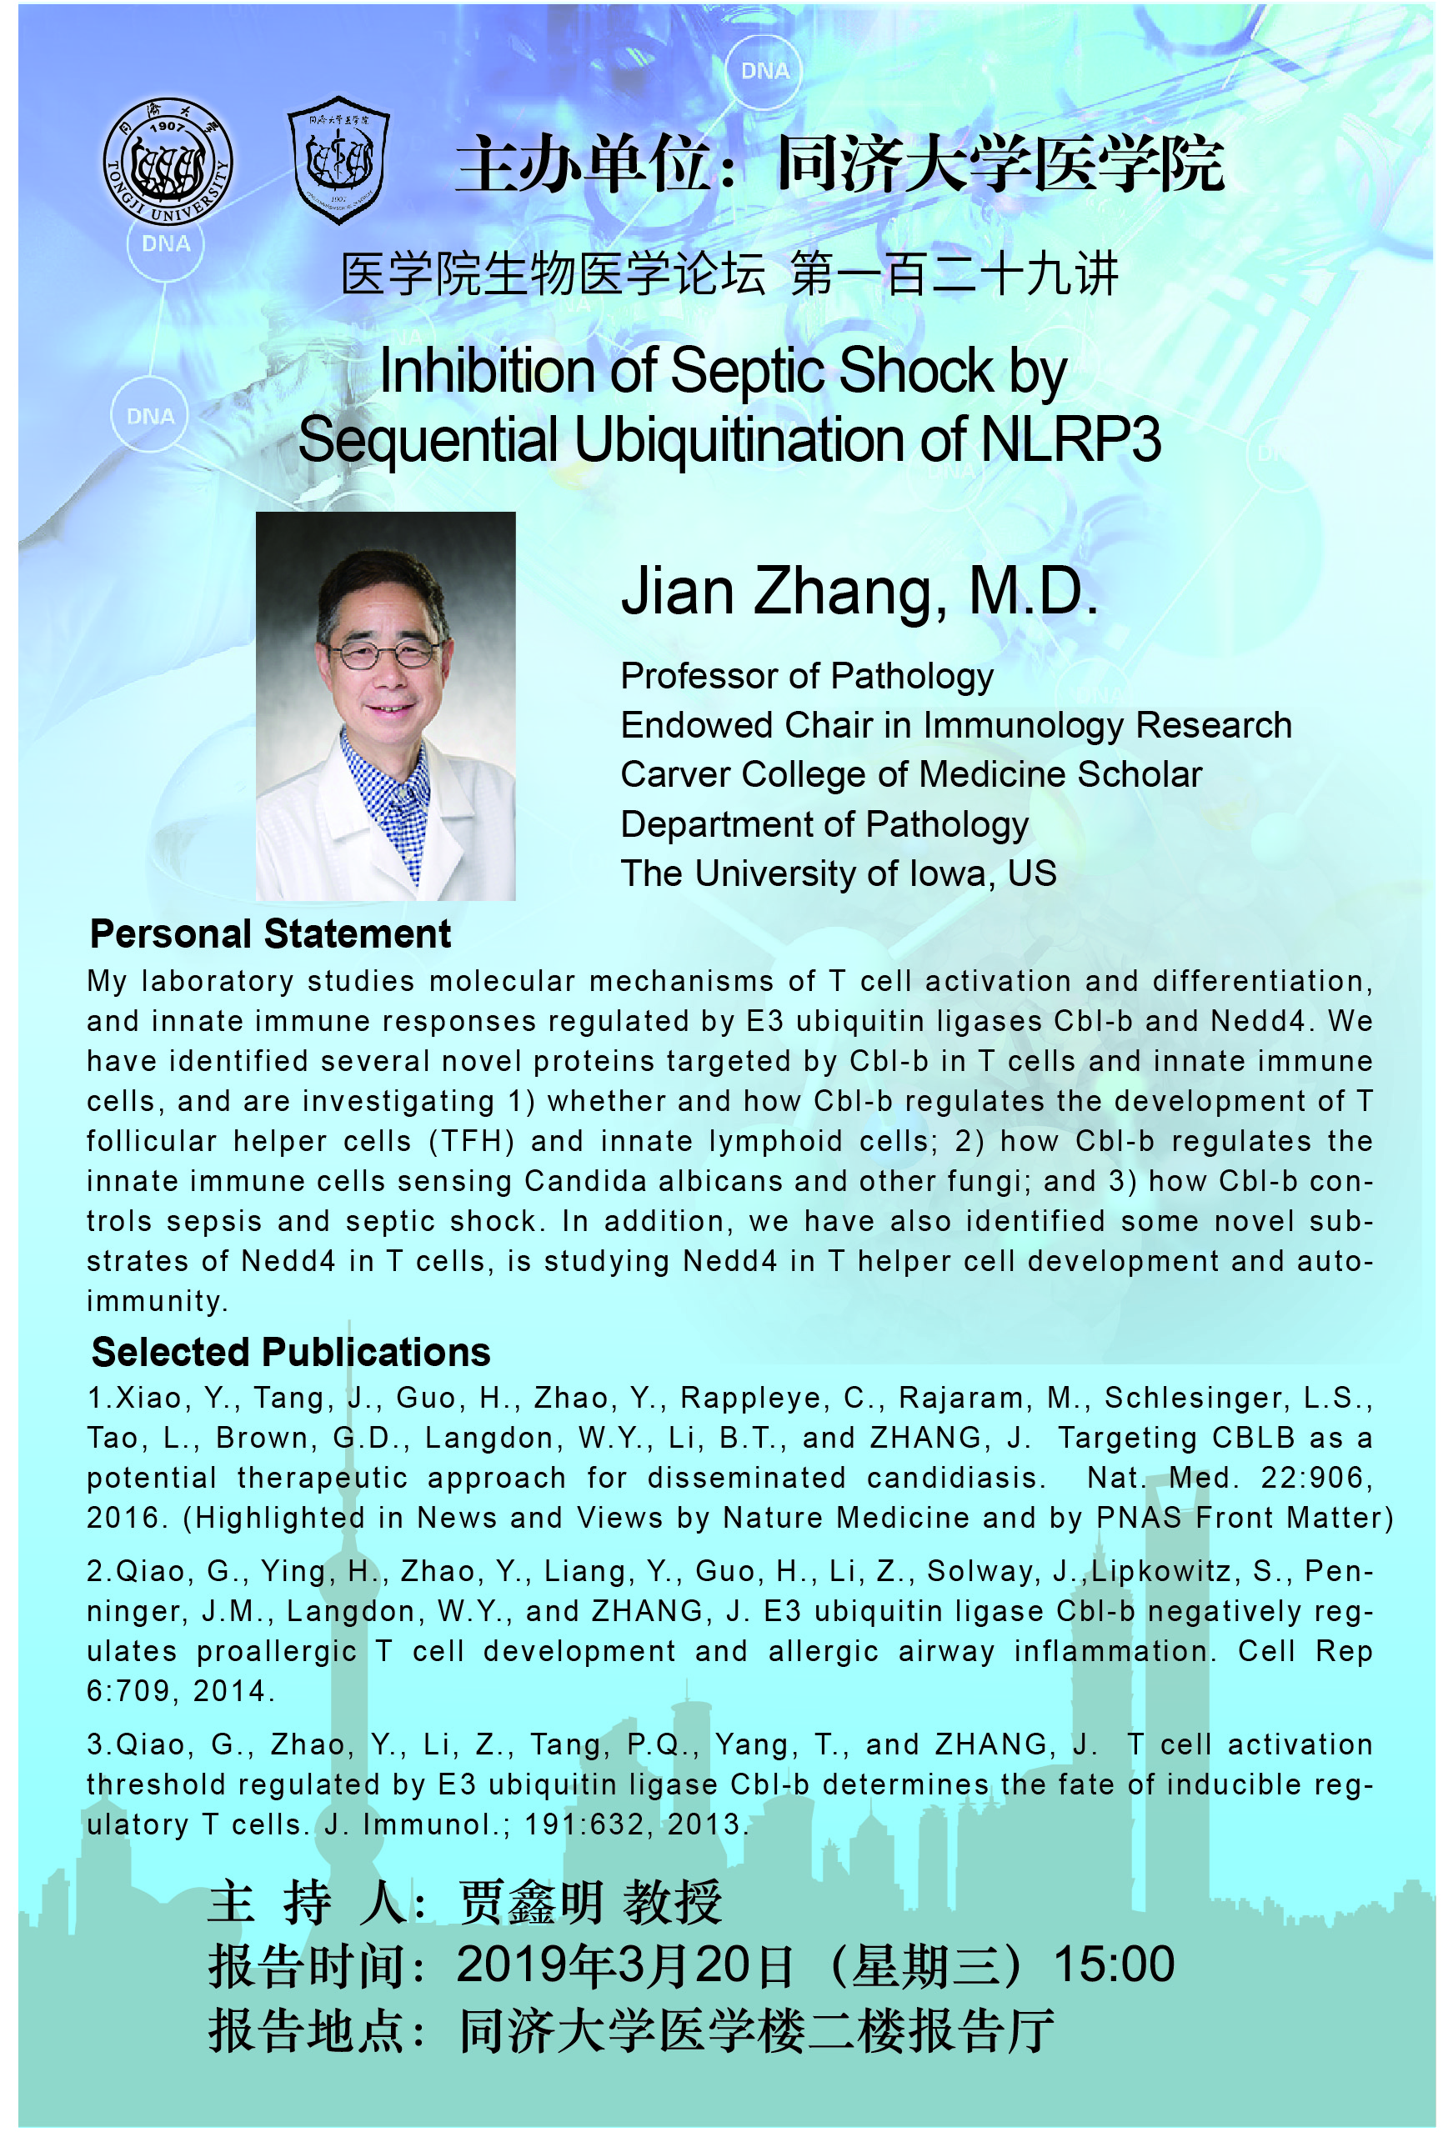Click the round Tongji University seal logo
point(167,161)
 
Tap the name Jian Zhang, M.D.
point(859,592)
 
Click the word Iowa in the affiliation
point(949,873)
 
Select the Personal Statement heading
point(270,934)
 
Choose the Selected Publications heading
point(291,1352)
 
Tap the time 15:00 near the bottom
point(1113,1964)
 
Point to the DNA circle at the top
point(764,71)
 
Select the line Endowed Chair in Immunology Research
point(955,725)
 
